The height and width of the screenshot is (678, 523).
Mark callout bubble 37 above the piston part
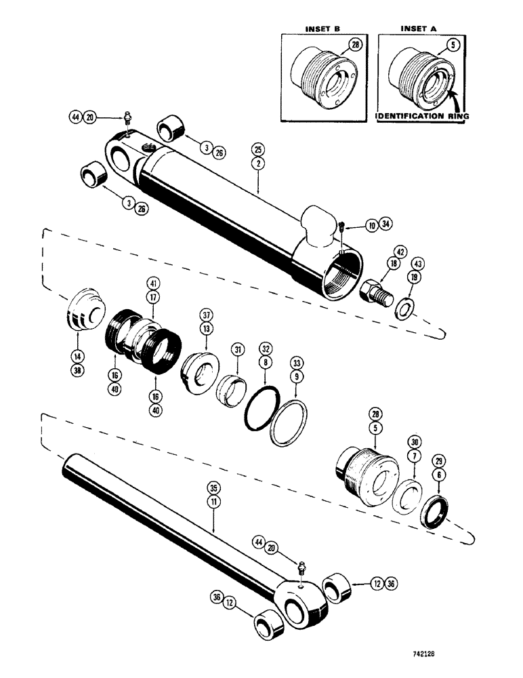coord(205,314)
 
